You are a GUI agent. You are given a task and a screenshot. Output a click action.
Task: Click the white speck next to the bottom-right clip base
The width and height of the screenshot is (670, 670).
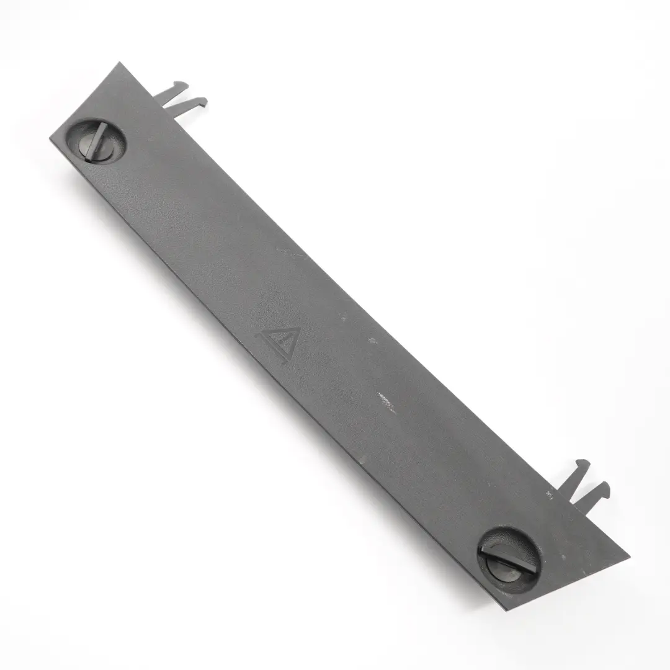549,494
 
